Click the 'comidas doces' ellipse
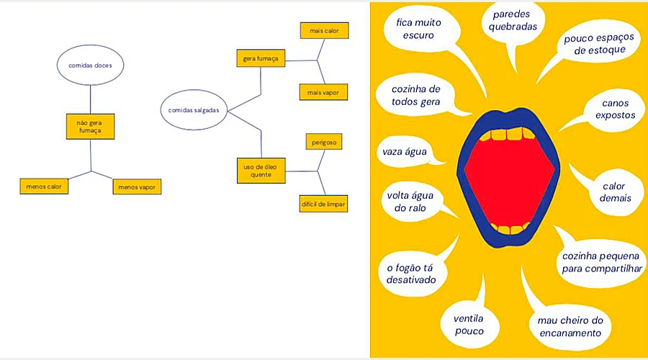click(90, 66)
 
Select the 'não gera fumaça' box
click(90, 127)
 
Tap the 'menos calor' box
click(43, 186)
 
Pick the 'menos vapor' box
click(137, 187)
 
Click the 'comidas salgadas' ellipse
click(193, 110)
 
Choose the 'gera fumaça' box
click(261, 58)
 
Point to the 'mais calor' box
click(324, 31)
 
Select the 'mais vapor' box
click(324, 92)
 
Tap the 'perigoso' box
click(324, 143)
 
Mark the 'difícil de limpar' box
click(324, 204)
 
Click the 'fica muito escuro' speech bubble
click(418, 29)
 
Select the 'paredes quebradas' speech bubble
click(513, 19)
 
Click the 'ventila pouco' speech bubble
click(468, 325)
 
